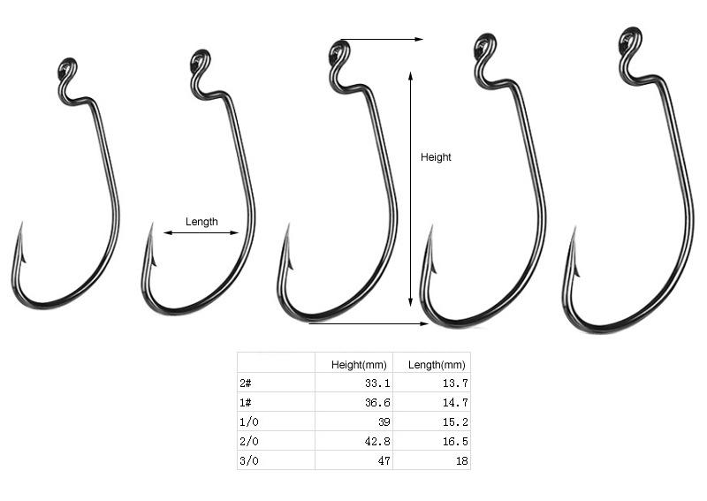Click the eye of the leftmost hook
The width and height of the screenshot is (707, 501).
pos(68,69)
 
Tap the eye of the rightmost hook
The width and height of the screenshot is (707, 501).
pos(630,39)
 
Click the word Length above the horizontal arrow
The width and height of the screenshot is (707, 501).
pos(201,222)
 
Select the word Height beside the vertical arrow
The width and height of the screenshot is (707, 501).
pos(436,157)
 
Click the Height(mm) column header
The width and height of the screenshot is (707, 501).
pos(359,364)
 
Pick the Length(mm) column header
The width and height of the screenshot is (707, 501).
pos(437,364)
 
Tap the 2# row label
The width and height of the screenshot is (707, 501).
pos(246,383)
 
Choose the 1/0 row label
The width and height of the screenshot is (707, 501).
pos(249,422)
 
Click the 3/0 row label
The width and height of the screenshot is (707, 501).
pos(249,461)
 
